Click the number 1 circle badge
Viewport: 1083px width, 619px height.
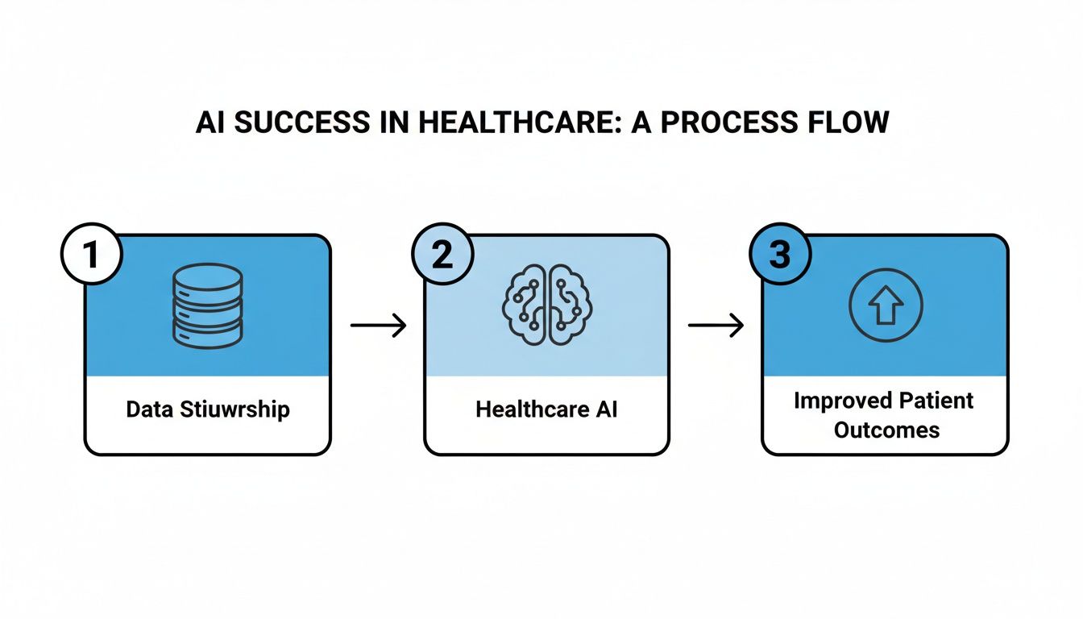(x=91, y=255)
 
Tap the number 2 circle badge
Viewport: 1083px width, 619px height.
(x=442, y=255)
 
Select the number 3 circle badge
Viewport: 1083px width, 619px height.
(x=780, y=255)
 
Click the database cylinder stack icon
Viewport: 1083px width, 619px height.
(x=207, y=305)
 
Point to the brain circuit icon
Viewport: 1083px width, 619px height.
(x=547, y=305)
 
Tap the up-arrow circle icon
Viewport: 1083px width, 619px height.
(x=886, y=305)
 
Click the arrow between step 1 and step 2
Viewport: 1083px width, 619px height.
(x=379, y=326)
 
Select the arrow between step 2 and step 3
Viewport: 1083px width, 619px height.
(x=716, y=326)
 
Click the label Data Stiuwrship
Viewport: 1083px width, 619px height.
(x=207, y=409)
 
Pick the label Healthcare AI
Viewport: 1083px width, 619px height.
(x=546, y=409)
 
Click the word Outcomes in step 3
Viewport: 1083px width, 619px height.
(x=886, y=430)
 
